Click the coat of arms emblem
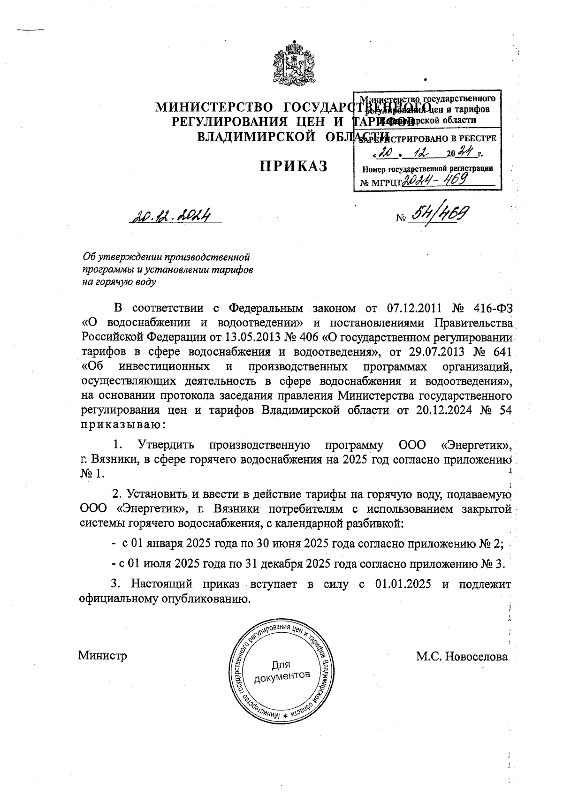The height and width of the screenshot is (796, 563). [x=292, y=65]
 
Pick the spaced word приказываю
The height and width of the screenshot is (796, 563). [x=123, y=424]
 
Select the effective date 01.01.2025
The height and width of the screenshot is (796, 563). [x=403, y=584]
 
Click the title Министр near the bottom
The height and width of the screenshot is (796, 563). [x=102, y=655]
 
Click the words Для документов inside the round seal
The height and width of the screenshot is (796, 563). [x=281, y=670]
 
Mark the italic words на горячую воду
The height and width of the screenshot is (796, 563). [x=119, y=282]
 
